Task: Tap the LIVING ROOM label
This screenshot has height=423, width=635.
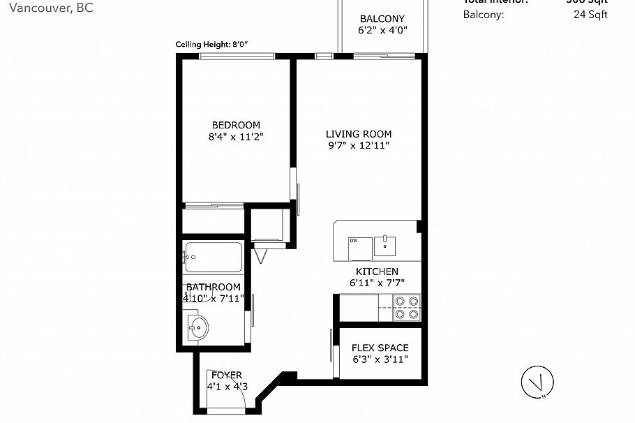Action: [359, 134]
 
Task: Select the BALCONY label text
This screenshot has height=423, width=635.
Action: [382, 19]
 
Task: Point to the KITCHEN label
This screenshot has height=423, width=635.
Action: [377, 272]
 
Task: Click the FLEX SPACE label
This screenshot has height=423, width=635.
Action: [380, 348]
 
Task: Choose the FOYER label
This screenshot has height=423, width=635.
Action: [227, 376]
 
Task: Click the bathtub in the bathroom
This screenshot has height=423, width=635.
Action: [213, 257]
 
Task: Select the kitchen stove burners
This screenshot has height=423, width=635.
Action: [407, 307]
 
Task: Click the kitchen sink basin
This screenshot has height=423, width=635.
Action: [384, 246]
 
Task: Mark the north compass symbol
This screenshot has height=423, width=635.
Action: [535, 382]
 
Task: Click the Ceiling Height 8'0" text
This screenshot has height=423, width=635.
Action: [212, 45]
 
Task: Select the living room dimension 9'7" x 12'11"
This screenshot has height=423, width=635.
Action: [359, 146]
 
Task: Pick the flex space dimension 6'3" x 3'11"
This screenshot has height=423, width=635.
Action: [380, 359]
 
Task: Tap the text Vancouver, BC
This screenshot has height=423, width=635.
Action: [46, 8]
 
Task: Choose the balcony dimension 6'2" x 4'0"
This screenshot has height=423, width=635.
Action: [382, 31]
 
